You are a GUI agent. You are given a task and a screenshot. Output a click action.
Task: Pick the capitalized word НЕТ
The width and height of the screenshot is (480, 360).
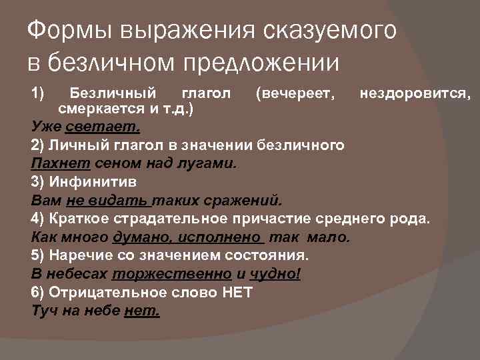pyautogui.click(x=236, y=293)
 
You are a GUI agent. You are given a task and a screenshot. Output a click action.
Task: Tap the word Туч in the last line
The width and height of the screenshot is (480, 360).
pyautogui.click(x=44, y=311)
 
